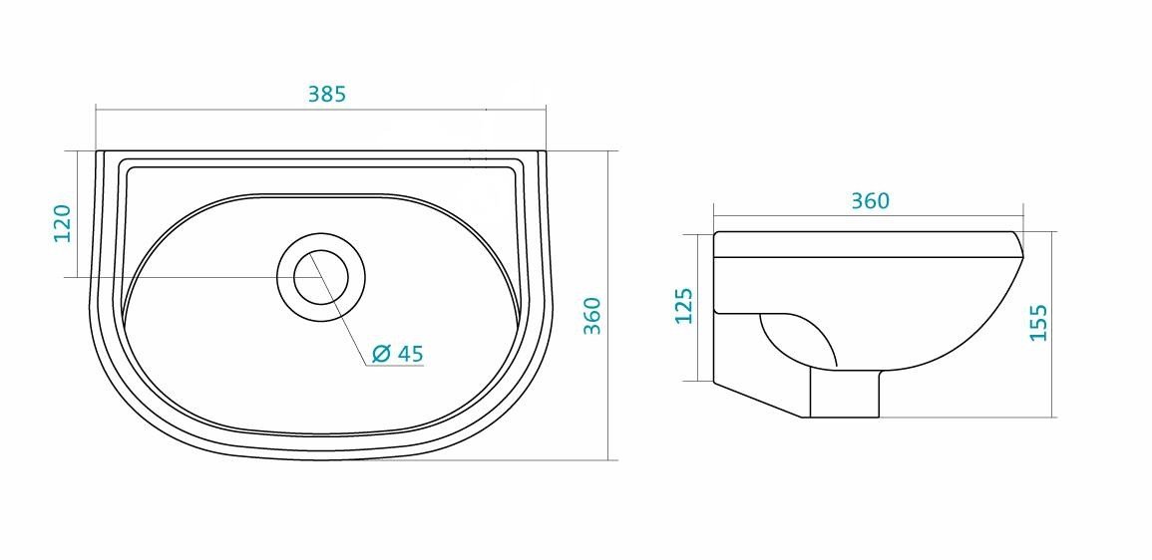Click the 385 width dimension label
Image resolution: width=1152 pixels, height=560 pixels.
(x=327, y=94)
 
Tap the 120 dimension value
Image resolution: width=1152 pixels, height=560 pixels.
(x=63, y=223)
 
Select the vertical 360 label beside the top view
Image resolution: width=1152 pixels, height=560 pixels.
(x=592, y=316)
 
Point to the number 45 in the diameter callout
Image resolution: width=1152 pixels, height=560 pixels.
(x=411, y=353)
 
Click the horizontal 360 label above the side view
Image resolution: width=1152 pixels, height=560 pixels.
(x=871, y=200)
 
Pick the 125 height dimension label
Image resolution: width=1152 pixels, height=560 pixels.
(x=684, y=305)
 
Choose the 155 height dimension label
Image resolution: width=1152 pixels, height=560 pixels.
(x=1039, y=323)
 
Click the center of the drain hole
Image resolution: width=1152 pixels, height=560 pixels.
(x=321, y=277)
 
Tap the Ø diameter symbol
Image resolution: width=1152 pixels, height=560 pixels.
(x=381, y=354)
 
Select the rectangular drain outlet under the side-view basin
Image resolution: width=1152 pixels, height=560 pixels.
(x=845, y=393)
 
